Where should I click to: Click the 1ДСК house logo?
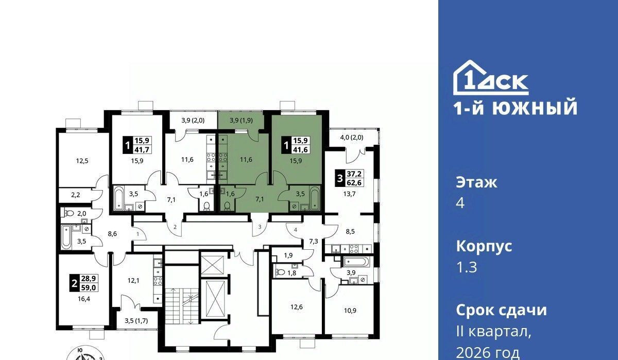click(x=491, y=78)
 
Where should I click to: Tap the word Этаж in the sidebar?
click(x=476, y=183)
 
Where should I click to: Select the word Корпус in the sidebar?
click(x=484, y=247)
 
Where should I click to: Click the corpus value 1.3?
click(x=467, y=267)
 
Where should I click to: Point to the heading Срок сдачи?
click(x=501, y=311)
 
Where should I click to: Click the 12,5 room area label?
click(x=82, y=161)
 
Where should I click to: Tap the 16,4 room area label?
click(x=84, y=299)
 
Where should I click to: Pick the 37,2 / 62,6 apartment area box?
click(x=350, y=178)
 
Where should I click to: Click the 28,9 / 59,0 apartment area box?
click(x=84, y=283)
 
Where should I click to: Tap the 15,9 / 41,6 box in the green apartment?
click(x=296, y=145)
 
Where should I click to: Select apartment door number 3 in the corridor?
click(x=260, y=227)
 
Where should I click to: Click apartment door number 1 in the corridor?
click(x=138, y=234)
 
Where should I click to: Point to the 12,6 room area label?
click(x=297, y=307)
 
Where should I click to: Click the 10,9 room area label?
click(x=350, y=311)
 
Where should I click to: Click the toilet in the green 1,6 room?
click(x=227, y=206)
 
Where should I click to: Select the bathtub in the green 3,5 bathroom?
click(x=314, y=198)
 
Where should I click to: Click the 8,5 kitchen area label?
click(x=350, y=231)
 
